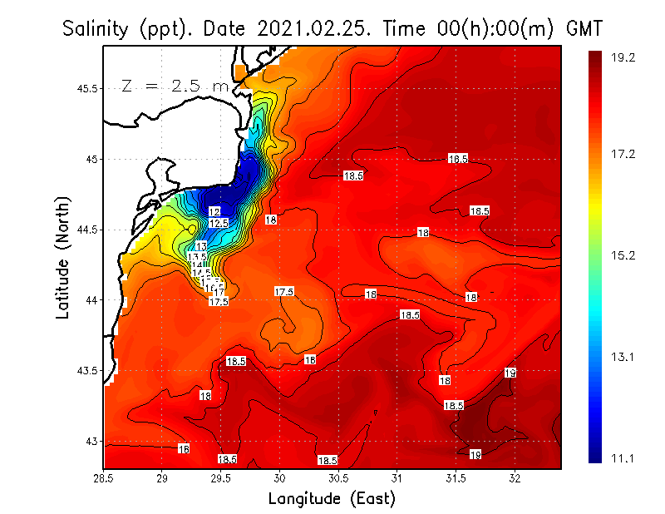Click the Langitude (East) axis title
(332, 499)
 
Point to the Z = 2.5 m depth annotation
(175, 86)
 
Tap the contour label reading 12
(214, 212)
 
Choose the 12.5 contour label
(219, 224)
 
